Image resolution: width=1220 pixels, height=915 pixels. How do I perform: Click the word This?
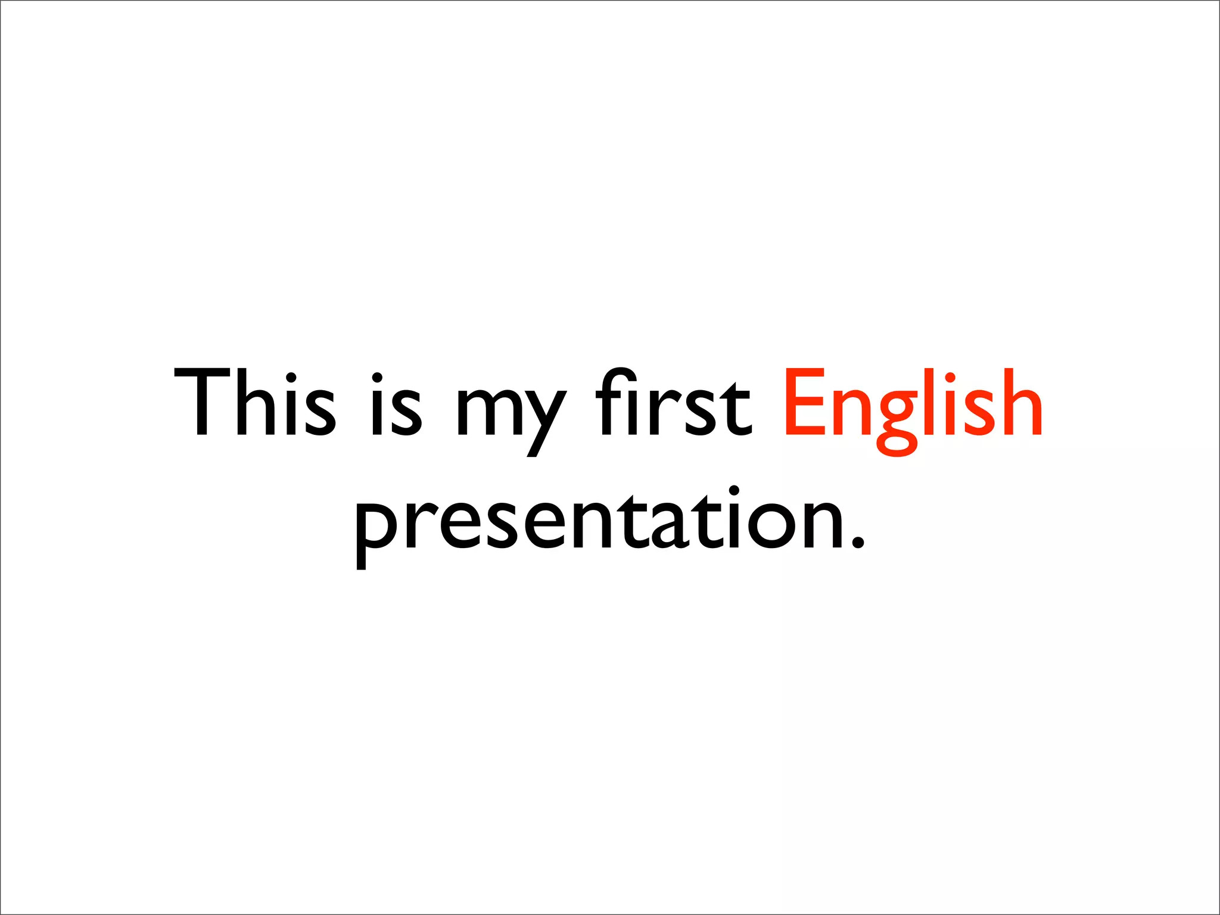point(255,402)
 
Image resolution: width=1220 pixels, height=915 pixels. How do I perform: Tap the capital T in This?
point(202,402)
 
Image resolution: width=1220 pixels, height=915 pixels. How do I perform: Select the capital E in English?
point(805,402)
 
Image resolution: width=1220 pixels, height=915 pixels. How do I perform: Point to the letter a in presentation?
point(671,524)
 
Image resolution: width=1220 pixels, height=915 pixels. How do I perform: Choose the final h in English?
point(1021,402)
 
